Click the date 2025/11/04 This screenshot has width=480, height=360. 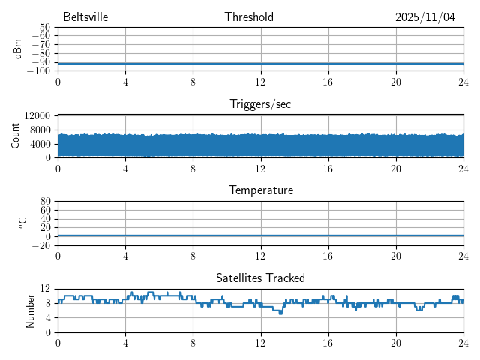pyautogui.click(x=425, y=17)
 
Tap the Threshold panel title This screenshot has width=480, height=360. pyautogui.click(x=249, y=17)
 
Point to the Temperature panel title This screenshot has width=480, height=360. pyautogui.click(x=260, y=190)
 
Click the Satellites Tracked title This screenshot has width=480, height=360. pyautogui.click(x=260, y=277)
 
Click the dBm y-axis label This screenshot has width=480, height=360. pyautogui.click(x=17, y=49)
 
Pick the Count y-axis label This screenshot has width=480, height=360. pyautogui.click(x=16, y=136)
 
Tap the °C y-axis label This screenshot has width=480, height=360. pyautogui.click(x=22, y=223)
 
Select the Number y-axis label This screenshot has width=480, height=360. pyautogui.click(x=31, y=310)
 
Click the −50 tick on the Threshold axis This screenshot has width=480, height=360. pyautogui.click(x=40, y=27)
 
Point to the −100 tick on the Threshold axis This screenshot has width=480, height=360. pyautogui.click(x=38, y=70)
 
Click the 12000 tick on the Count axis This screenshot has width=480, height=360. pyautogui.click(x=37, y=116)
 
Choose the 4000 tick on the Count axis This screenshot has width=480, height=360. pyautogui.click(x=40, y=144)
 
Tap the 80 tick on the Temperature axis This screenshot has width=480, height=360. pyautogui.click(x=45, y=201)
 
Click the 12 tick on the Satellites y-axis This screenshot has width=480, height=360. pyautogui.click(x=45, y=289)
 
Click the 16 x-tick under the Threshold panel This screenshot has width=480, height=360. pyautogui.click(x=328, y=82)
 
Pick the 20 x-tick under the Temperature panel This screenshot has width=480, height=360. pyautogui.click(x=395, y=256)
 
